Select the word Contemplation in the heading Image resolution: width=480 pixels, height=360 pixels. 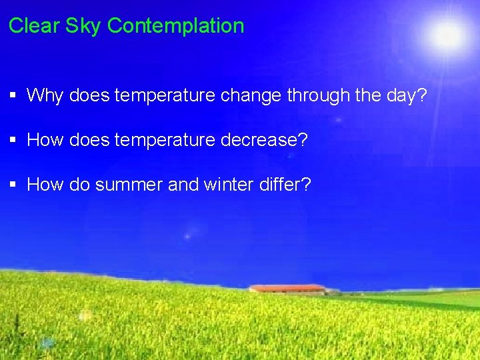pos(175,26)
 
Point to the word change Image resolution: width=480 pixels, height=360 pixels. pos(251,95)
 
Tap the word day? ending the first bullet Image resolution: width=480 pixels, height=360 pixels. pos(403,95)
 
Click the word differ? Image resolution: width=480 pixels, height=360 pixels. pos(287,185)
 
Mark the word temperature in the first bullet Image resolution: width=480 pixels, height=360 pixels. pos(164,95)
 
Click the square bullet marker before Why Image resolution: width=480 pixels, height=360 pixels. pos(13,96)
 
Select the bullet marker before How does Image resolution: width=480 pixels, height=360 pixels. pos(13,141)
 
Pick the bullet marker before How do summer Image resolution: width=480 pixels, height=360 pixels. pos(13,185)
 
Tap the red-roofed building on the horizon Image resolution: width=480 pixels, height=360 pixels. pos(287,289)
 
